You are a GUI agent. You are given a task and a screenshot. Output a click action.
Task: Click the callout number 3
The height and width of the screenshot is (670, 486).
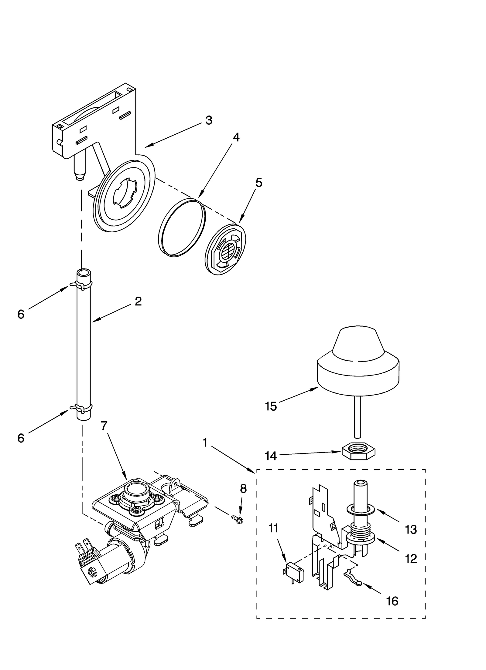click(x=209, y=120)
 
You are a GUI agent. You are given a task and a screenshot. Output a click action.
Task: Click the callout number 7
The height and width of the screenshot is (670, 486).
click(x=104, y=426)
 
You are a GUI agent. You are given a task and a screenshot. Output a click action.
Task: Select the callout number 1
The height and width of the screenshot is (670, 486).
click(x=205, y=443)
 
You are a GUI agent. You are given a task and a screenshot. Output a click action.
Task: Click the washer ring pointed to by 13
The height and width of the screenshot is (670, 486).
click(x=360, y=510)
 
